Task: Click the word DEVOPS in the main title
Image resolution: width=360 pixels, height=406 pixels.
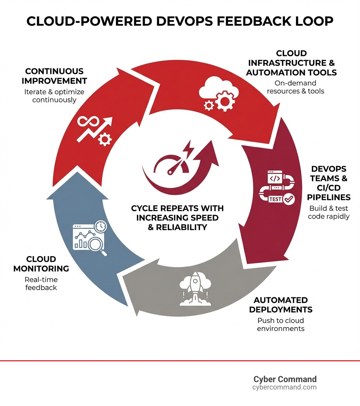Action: click(183, 21)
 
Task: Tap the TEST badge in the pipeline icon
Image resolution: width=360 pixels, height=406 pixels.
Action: click(275, 199)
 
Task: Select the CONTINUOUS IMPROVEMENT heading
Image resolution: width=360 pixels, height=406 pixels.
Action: click(54, 76)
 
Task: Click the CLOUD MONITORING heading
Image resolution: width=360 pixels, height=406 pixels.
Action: click(41, 264)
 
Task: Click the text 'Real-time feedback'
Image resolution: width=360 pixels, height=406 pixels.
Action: click(41, 284)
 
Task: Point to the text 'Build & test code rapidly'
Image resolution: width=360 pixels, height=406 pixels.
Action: click(328, 212)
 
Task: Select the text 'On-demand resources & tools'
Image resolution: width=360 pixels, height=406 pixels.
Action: click(291, 87)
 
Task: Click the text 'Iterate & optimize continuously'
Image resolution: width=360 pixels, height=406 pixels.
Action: click(54, 95)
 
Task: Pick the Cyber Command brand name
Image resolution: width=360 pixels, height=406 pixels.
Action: click(285, 379)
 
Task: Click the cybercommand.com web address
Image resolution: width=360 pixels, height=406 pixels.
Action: click(284, 387)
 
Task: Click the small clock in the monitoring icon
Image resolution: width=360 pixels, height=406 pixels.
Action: click(101, 226)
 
